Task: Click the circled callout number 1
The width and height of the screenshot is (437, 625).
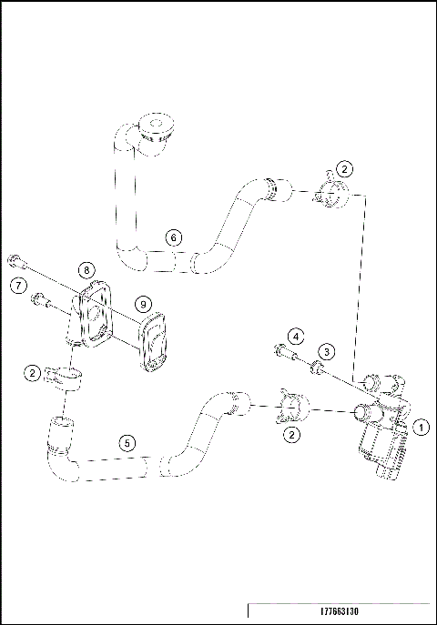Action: pos(420,424)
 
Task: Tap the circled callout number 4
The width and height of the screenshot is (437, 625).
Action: pos(296,337)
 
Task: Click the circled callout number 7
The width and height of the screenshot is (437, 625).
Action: pos(17,286)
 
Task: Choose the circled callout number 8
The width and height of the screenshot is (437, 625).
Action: pos(86,269)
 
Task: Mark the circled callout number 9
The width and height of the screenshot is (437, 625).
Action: pos(143,303)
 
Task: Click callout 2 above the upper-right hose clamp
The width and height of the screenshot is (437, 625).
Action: pos(344,168)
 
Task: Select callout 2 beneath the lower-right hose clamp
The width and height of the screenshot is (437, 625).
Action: pos(291,435)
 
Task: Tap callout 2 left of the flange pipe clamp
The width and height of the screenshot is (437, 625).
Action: pos(33,372)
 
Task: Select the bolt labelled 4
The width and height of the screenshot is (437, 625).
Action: pos(285,352)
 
